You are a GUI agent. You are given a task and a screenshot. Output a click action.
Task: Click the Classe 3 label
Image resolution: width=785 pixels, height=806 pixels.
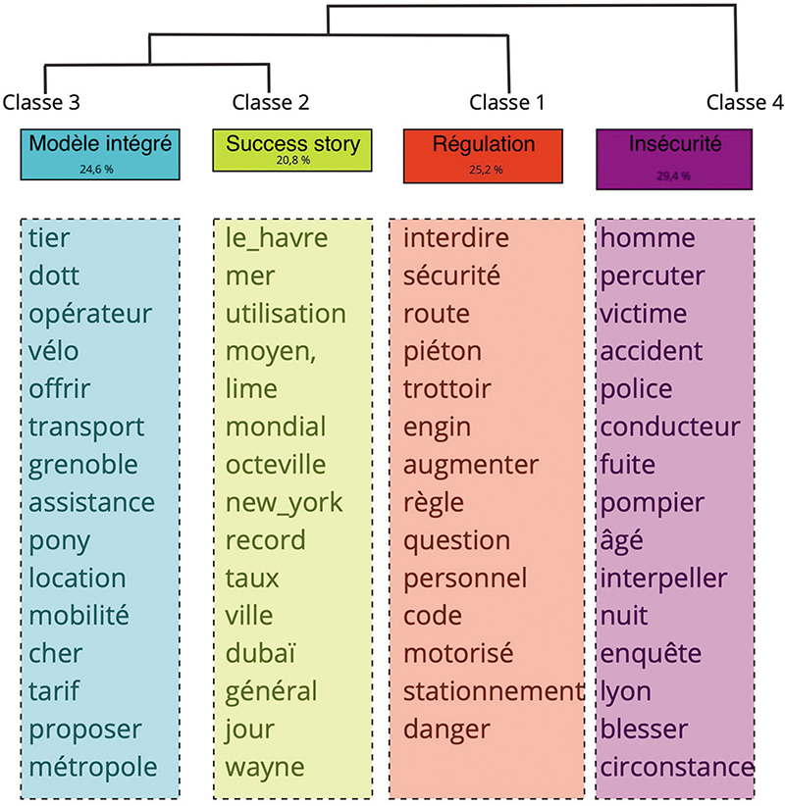pyautogui.click(x=41, y=102)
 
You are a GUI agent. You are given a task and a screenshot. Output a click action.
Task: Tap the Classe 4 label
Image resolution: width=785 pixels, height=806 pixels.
pyautogui.click(x=745, y=102)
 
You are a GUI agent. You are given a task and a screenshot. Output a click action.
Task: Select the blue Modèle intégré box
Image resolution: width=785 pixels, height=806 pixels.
pyautogui.click(x=100, y=154)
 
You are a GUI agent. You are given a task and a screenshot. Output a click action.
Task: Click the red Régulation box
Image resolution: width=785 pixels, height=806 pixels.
pyautogui.click(x=483, y=156)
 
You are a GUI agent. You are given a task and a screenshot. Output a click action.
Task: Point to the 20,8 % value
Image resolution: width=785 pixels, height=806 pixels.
pyautogui.click(x=293, y=161)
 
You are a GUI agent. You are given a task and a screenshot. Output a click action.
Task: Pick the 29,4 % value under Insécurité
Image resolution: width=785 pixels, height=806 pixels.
pyautogui.click(x=673, y=176)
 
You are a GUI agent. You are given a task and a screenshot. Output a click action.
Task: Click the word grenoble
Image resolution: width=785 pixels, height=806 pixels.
pyautogui.click(x=83, y=466)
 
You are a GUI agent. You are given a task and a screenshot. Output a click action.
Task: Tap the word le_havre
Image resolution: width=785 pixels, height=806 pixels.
pyautogui.click(x=277, y=238)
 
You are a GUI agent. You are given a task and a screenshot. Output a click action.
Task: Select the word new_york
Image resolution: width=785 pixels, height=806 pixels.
pyautogui.click(x=284, y=503)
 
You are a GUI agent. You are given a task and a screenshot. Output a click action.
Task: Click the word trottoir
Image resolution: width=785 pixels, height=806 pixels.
pyautogui.click(x=447, y=389)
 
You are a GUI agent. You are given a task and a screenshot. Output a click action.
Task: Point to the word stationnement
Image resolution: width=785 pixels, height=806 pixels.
pyautogui.click(x=494, y=691)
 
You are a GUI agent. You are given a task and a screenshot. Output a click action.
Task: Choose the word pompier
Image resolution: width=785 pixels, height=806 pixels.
pyautogui.click(x=653, y=504)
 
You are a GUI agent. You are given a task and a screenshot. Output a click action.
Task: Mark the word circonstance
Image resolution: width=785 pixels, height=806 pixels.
pyautogui.click(x=677, y=768)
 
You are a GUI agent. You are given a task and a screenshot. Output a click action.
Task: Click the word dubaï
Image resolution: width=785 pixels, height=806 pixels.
pyautogui.click(x=260, y=653)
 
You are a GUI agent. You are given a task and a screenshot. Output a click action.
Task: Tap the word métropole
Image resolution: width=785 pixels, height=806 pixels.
pyautogui.click(x=93, y=768)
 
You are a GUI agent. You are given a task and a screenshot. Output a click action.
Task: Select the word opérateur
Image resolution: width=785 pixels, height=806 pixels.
pyautogui.click(x=90, y=315)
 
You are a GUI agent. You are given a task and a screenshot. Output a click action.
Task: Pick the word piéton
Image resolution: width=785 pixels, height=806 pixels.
pyautogui.click(x=443, y=353)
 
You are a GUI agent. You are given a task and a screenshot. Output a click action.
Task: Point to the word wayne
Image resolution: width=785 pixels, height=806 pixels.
pyautogui.click(x=265, y=769)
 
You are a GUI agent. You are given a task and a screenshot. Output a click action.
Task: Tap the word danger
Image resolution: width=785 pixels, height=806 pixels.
pyautogui.click(x=446, y=730)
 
